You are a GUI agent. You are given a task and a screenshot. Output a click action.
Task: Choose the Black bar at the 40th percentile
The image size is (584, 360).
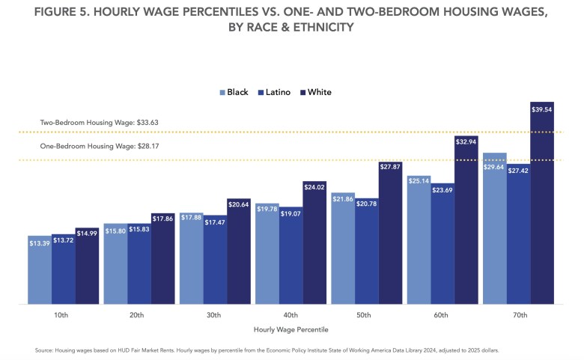tap(267, 254)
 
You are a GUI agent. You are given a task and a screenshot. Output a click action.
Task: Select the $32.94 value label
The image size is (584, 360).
tap(466, 140)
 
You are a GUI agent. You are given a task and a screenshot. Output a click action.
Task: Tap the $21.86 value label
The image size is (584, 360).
tap(343, 200)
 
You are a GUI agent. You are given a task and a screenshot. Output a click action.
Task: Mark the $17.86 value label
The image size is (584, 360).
tap(163, 219)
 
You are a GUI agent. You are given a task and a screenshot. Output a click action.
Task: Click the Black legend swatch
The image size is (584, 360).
tap(222, 93)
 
